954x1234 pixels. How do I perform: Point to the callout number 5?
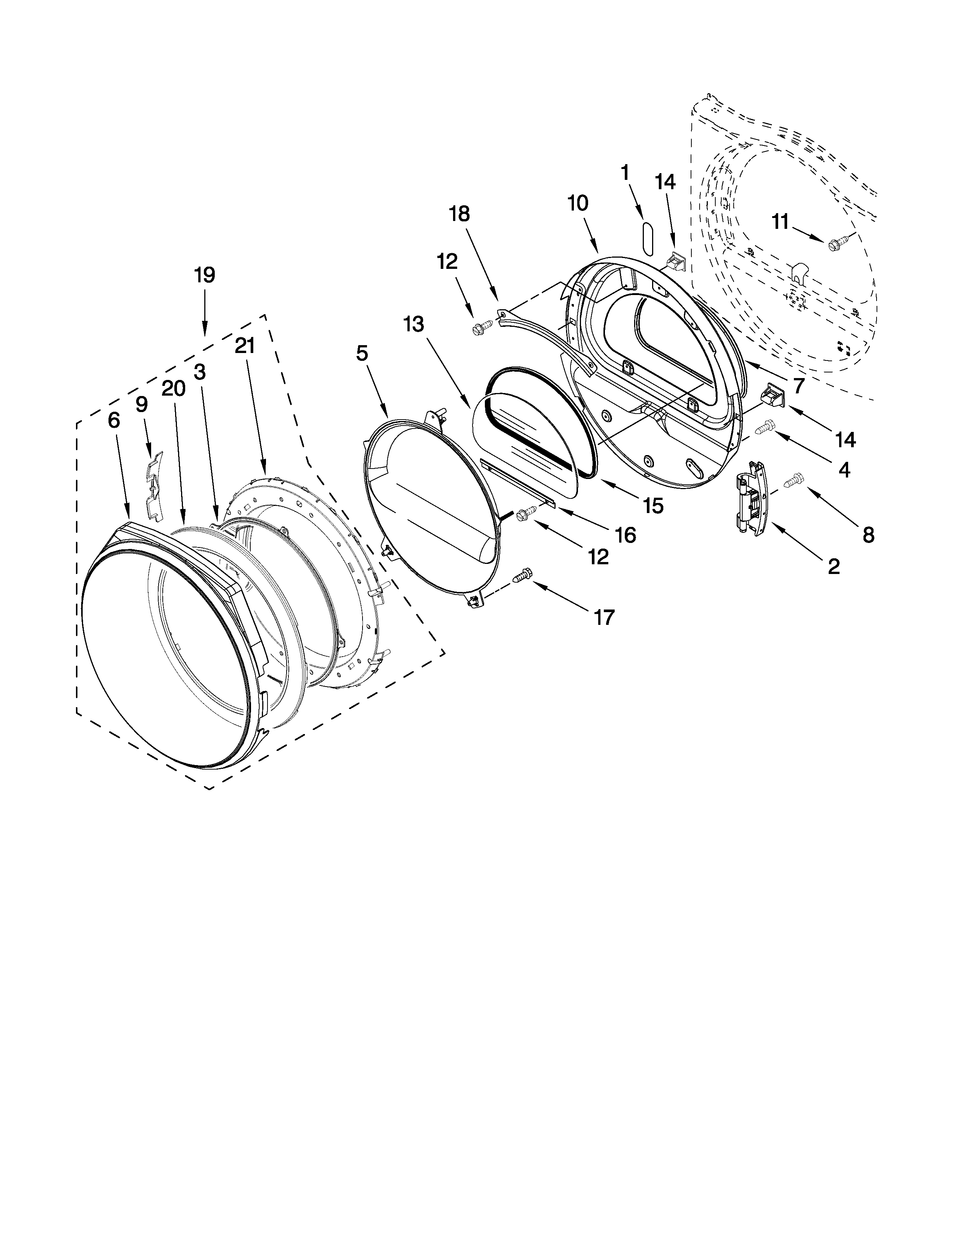362,354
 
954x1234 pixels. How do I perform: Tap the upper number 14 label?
665,182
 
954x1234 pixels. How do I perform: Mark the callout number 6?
114,420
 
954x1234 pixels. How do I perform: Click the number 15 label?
653,506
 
